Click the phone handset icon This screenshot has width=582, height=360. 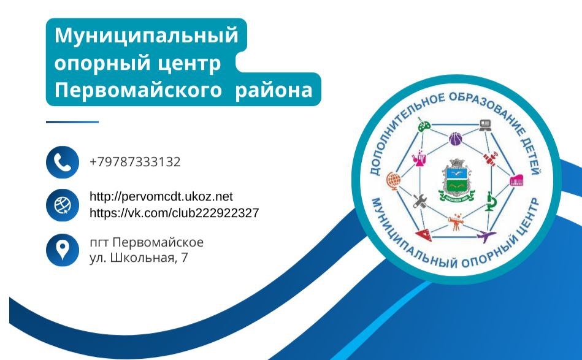coord(63,162)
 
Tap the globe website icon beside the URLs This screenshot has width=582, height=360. coord(63,205)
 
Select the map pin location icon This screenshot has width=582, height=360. coord(63,250)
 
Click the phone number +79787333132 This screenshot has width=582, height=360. coord(135,162)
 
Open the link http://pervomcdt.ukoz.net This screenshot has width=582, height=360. coord(161,196)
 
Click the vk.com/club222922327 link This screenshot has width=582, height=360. coord(174,213)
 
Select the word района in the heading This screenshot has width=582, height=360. coord(274,90)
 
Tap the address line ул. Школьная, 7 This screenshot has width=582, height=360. coord(139,258)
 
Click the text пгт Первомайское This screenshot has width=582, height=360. coord(147,242)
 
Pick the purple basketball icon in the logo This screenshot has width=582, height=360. coord(456,139)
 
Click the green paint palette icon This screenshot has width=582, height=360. coord(424,125)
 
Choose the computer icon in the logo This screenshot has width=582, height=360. coord(485,125)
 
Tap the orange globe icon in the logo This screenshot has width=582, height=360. coord(394,181)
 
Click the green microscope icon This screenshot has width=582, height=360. coord(491,202)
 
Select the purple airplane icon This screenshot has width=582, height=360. coord(486,236)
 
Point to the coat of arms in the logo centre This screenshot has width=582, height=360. coord(456,181)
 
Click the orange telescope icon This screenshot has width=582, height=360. coord(456,221)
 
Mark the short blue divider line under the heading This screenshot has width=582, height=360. coord(72,121)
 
